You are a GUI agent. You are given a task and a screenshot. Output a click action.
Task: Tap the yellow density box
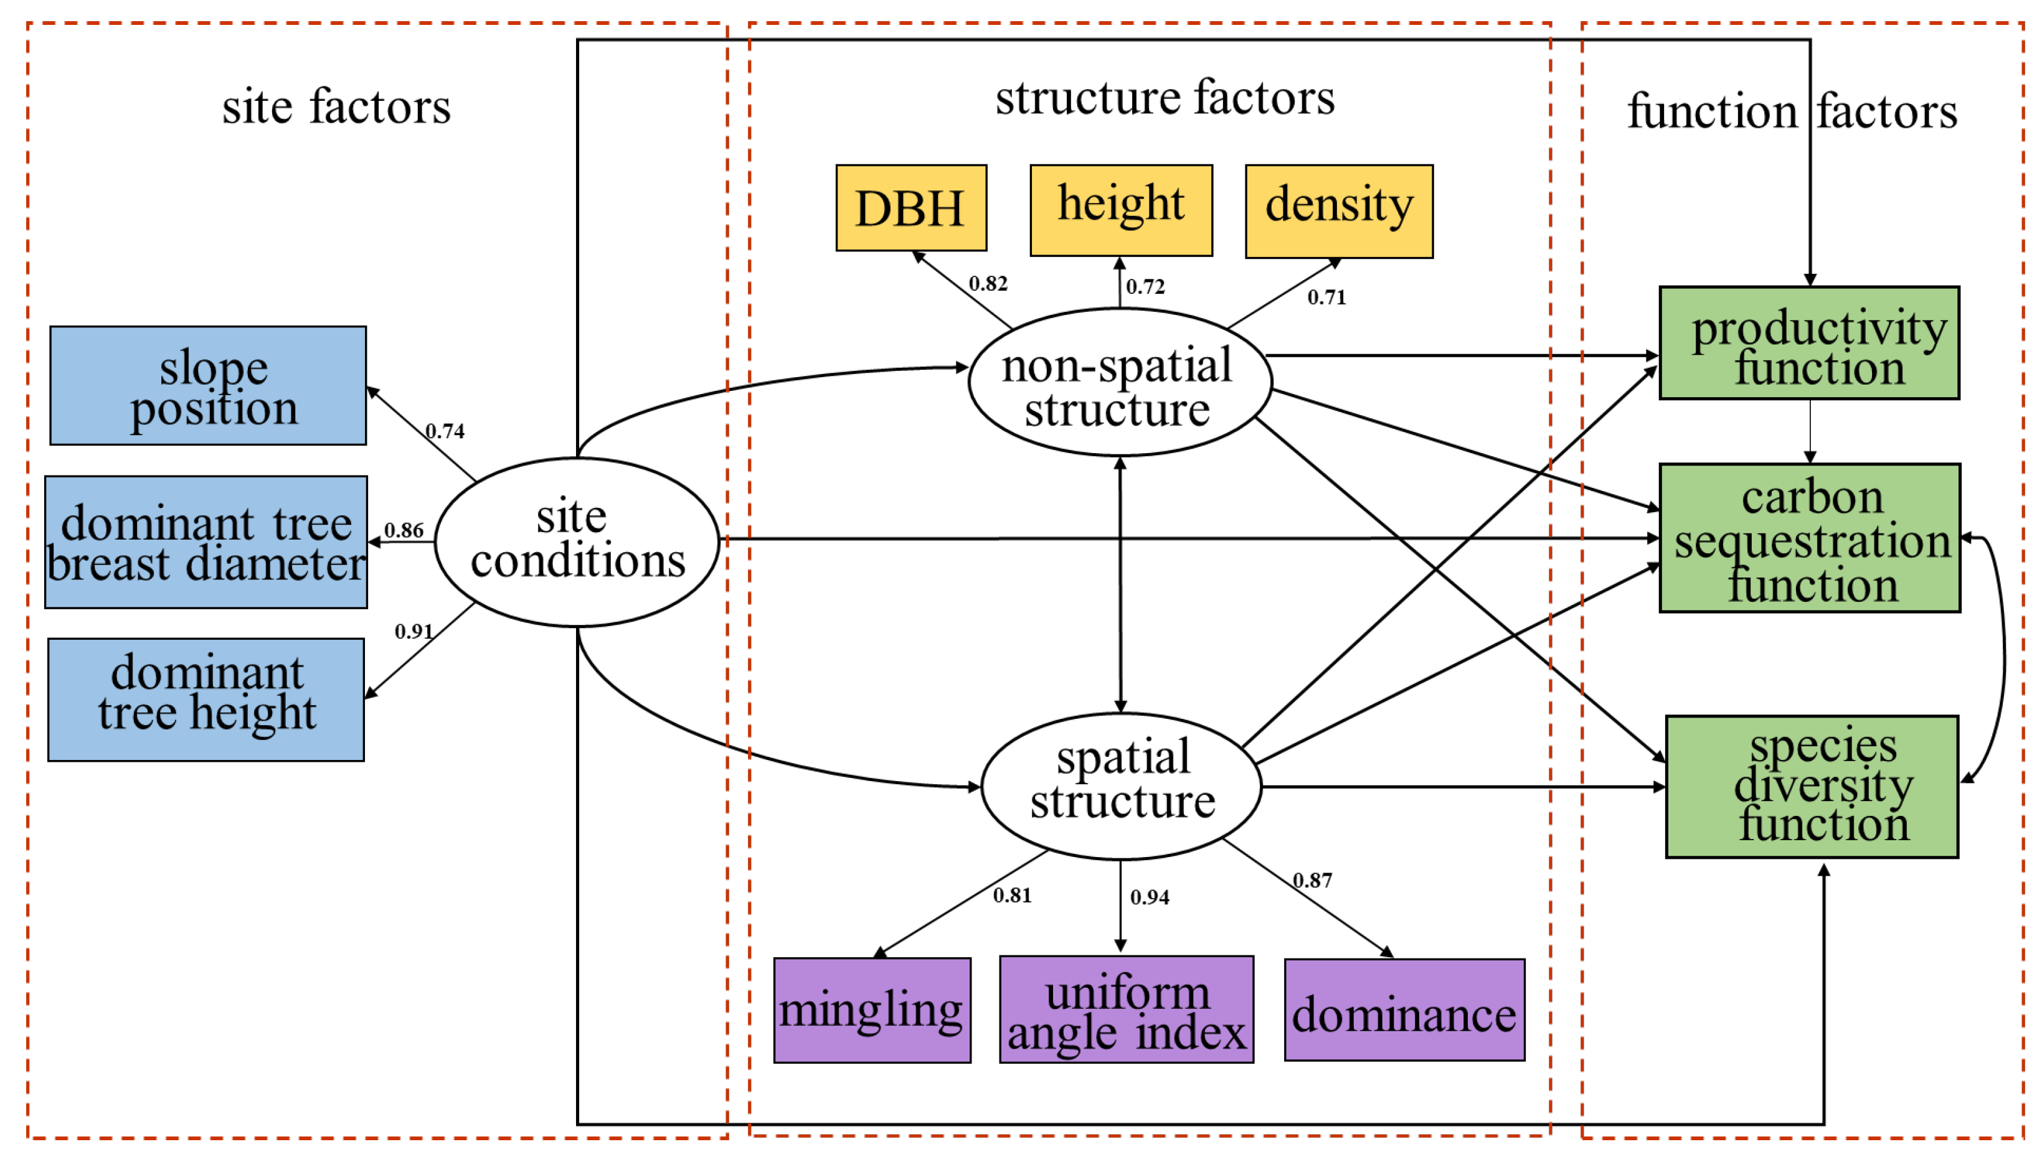tap(1339, 211)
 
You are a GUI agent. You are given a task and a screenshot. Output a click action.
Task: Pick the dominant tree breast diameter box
tap(206, 542)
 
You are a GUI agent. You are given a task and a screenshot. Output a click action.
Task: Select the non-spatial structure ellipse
tap(1119, 382)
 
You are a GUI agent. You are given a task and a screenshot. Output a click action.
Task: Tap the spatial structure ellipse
tap(1121, 785)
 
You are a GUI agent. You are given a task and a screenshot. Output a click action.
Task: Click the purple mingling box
tap(872, 1010)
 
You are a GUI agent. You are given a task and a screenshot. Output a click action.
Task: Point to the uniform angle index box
tap(1127, 1009)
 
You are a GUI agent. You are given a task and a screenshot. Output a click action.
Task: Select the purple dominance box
tap(1404, 1010)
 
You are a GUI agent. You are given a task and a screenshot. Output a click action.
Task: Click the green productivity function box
tap(1809, 342)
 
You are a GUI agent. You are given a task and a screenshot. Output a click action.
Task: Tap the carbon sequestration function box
tap(1810, 537)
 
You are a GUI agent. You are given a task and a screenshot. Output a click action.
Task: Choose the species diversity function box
tap(1812, 786)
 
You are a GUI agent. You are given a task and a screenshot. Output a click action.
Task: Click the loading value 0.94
tap(1150, 897)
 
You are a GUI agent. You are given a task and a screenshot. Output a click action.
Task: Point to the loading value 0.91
tap(414, 631)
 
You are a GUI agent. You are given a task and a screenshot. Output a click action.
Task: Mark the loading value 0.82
tap(988, 283)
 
